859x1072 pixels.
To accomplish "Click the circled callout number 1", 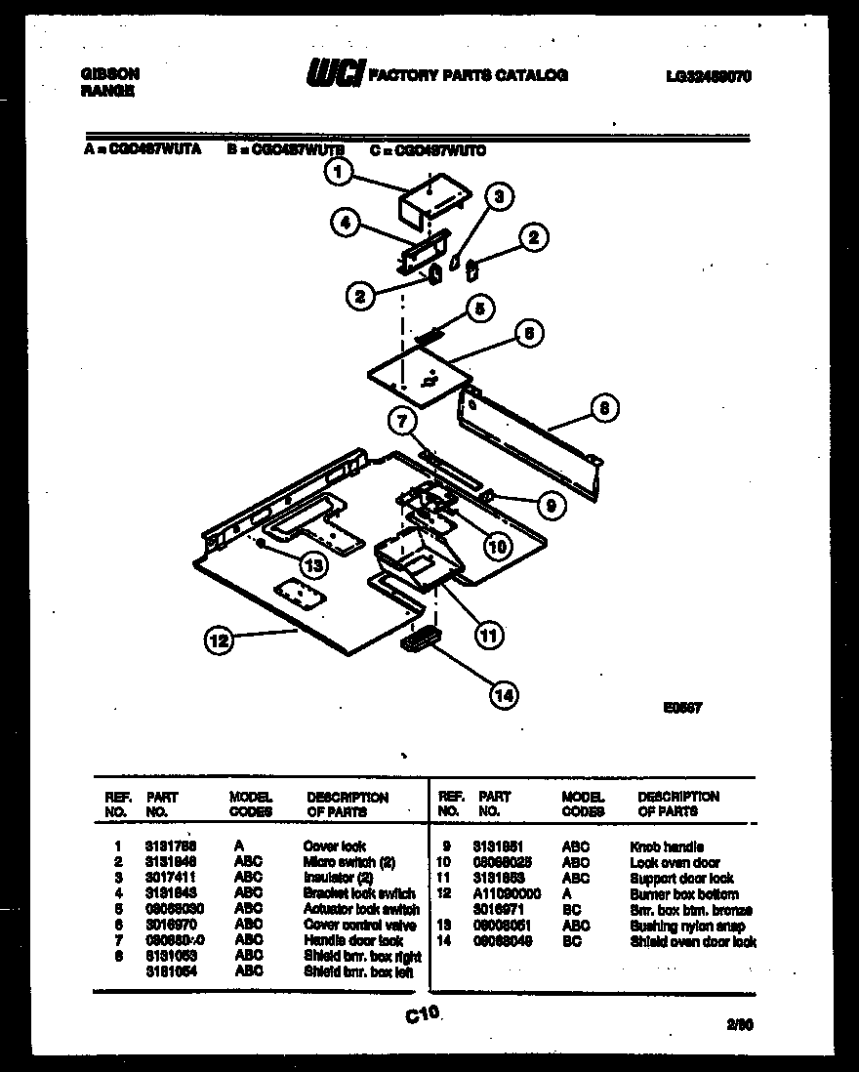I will (x=337, y=174).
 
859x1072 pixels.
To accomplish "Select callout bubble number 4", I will (x=344, y=224).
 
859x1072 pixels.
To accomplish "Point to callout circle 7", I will (x=400, y=422).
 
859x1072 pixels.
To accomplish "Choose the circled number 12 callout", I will (x=219, y=640).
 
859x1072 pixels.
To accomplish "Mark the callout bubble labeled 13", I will (x=311, y=563).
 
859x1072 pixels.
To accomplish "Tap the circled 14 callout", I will (x=503, y=694).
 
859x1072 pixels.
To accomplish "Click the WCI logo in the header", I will (x=335, y=75).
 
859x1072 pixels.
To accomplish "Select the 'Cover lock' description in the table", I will (x=335, y=847).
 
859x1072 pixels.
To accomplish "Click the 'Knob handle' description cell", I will (x=667, y=847).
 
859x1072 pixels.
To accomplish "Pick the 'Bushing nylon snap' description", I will (x=687, y=926).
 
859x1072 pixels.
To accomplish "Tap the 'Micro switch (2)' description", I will (x=349, y=862).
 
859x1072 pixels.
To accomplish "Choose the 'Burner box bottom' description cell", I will (x=684, y=894).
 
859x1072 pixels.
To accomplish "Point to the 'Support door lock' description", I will (x=682, y=879).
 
